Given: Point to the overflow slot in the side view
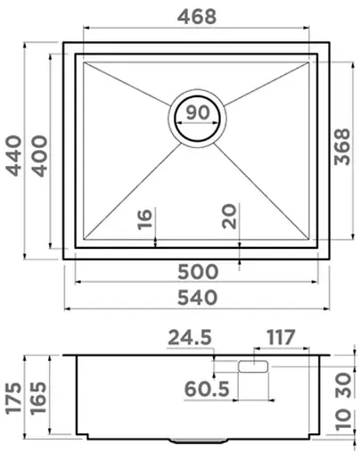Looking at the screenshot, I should click(254, 365).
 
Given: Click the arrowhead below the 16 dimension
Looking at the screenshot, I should click(157, 242).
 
